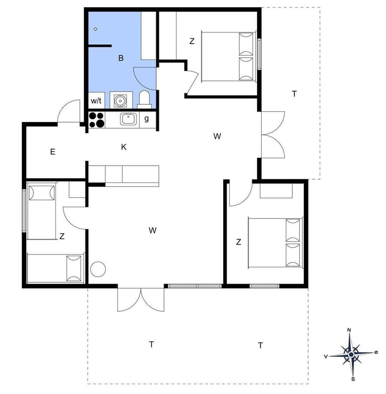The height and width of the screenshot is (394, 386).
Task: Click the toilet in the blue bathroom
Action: tap(144, 99)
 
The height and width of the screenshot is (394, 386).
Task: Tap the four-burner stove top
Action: tap(96, 119)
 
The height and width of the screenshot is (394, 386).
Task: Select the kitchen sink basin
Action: tap(128, 119)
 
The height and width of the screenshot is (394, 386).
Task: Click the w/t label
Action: tap(96, 100)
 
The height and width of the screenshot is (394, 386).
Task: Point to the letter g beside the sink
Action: tap(147, 119)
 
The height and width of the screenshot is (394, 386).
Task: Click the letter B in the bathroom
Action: tap(121, 58)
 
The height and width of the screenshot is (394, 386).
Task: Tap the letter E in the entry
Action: tap(53, 152)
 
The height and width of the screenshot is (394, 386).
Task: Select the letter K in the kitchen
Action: tap(124, 147)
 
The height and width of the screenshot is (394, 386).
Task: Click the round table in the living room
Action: tap(98, 269)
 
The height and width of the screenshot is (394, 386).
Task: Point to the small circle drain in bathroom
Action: tap(96, 29)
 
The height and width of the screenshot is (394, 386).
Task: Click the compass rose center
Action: tap(351, 355)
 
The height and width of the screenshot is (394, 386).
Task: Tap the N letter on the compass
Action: tap(349, 330)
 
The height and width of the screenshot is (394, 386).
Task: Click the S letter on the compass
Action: tap(353, 379)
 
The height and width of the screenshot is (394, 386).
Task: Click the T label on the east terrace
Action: tap(294, 94)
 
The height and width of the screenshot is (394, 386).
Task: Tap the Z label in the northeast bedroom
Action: tap(192, 41)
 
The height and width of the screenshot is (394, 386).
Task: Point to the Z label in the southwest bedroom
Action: tap(62, 237)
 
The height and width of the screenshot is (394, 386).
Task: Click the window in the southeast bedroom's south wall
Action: tap(264, 286)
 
